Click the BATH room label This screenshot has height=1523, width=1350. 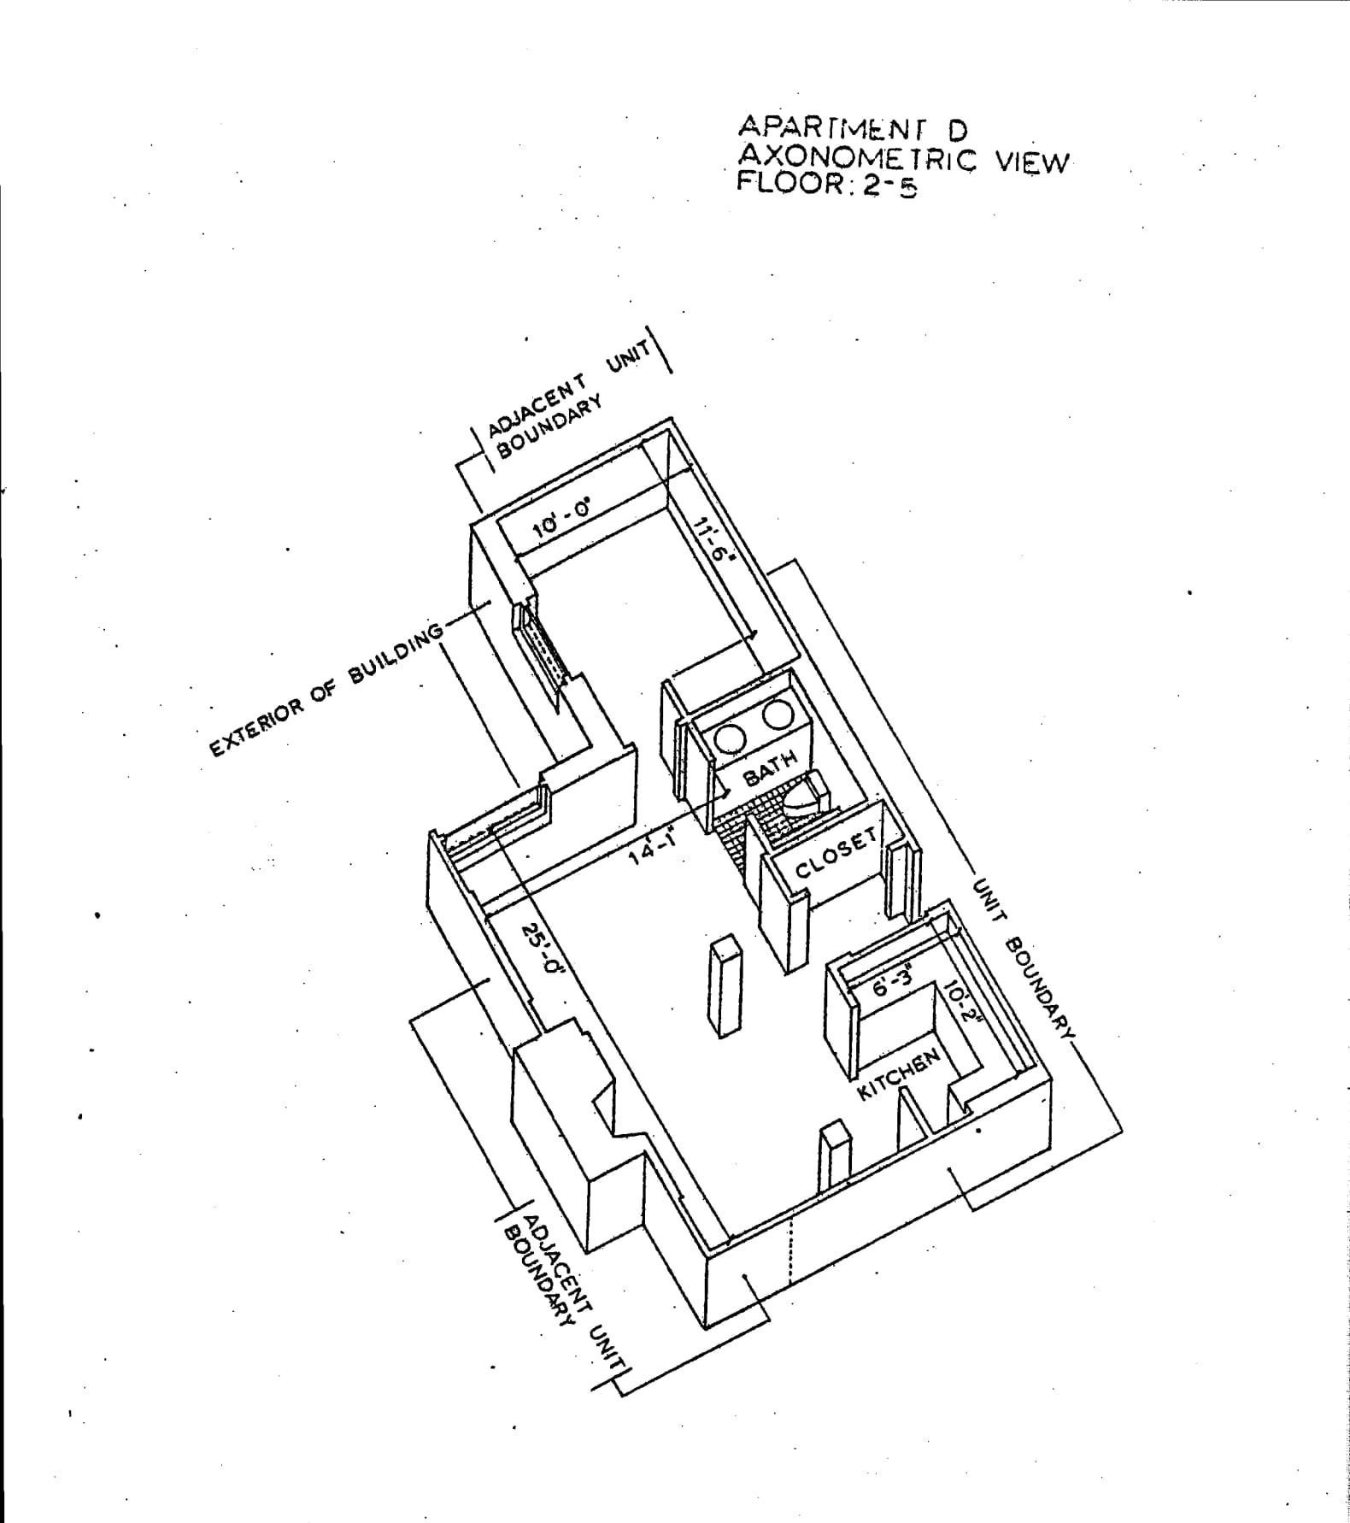click(769, 767)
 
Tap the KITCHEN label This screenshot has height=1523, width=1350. click(898, 1073)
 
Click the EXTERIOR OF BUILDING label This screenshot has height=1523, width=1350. click(327, 689)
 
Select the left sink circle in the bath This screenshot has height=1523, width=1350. click(731, 738)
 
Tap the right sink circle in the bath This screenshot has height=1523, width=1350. click(778, 714)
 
